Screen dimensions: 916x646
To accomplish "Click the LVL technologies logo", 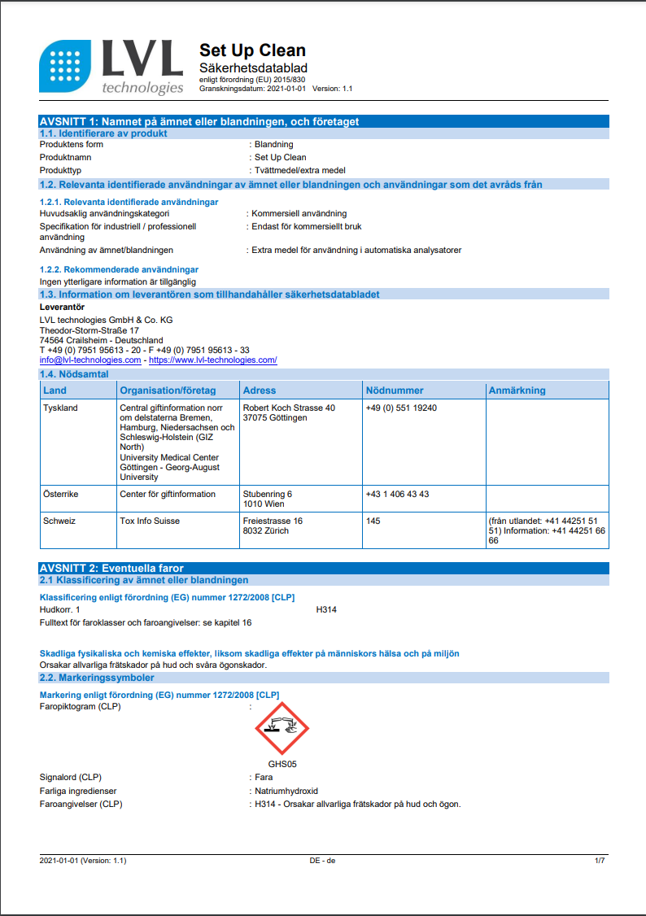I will point(111,67).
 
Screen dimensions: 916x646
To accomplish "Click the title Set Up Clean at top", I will point(252,50).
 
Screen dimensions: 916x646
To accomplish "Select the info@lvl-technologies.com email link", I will point(90,360).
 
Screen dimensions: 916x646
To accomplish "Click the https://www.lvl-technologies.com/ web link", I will point(212,360).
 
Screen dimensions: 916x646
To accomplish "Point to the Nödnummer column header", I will point(395,390).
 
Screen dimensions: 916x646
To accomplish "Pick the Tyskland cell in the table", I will point(60,408).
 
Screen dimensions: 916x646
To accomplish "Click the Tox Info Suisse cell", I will point(150,521).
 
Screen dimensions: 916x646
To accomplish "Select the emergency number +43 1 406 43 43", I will point(397,494).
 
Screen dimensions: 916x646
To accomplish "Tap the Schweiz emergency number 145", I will point(373,521).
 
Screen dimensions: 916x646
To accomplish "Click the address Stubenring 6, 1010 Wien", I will point(268,499).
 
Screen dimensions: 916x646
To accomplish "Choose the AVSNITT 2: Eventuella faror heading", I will point(112,568).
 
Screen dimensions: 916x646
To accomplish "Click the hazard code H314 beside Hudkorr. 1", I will point(326,609).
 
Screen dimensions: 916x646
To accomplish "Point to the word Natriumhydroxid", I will point(286,791).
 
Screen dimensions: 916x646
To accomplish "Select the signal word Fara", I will point(264,777).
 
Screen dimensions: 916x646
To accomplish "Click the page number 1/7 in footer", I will point(600,860).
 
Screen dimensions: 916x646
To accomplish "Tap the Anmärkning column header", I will point(517,390).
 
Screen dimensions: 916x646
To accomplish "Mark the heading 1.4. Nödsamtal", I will point(76,373).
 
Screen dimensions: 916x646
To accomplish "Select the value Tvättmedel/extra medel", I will point(300,170).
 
